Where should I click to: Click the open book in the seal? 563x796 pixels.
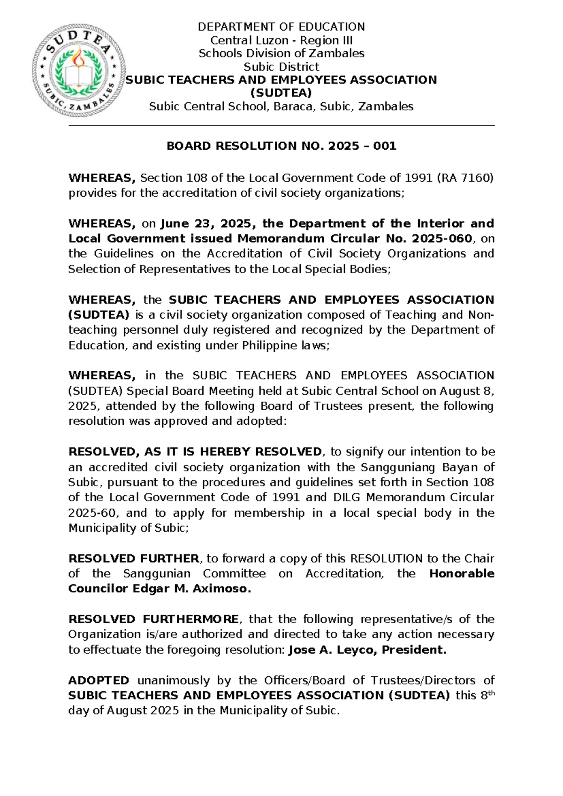78,75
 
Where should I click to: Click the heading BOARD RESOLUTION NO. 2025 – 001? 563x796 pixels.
281,146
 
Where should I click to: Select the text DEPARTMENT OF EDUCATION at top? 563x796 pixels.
281,27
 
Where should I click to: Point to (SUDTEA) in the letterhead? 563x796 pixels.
281,93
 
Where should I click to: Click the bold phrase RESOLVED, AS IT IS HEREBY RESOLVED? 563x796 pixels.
195,452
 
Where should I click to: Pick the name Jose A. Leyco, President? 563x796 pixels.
367,650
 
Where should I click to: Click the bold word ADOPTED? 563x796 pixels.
99,680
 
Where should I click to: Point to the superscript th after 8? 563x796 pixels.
492,692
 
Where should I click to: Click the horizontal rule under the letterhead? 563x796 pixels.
281,126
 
